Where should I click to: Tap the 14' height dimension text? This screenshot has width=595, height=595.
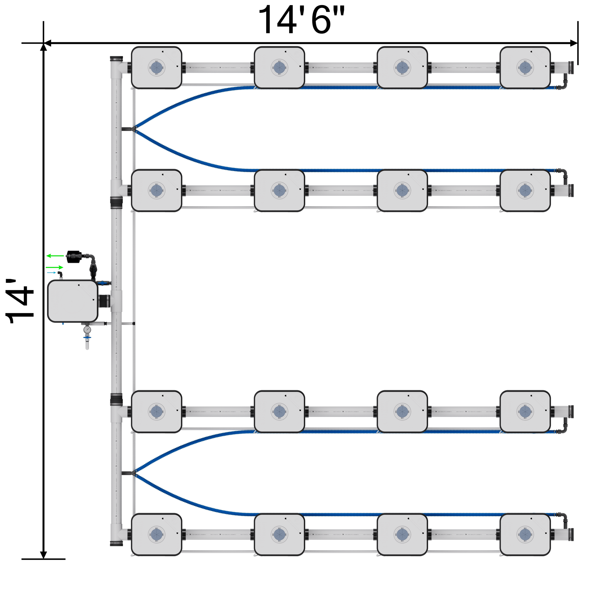19,302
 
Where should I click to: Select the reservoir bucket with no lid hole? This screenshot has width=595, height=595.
73,301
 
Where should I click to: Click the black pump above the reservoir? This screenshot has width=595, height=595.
74,257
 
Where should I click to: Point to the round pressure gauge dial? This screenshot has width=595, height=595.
87,330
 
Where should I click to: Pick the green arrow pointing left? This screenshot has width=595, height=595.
55,256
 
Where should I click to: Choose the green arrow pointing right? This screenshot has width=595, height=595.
55,267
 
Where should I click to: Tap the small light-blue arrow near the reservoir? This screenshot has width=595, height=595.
52,273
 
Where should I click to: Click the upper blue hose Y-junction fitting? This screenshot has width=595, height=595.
133,128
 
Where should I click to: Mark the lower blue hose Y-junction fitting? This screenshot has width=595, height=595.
133,473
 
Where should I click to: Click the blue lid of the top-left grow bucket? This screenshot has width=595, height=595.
157,67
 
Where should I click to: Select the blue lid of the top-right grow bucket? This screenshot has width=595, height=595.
525,67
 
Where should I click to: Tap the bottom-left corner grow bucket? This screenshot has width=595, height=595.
157,534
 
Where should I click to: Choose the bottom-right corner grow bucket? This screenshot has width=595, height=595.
525,534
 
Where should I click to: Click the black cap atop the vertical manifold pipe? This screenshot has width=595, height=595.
117,59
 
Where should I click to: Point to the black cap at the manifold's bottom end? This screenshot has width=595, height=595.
117,544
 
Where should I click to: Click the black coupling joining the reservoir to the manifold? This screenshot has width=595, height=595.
104,301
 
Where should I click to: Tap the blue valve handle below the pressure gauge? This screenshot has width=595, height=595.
87,338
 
